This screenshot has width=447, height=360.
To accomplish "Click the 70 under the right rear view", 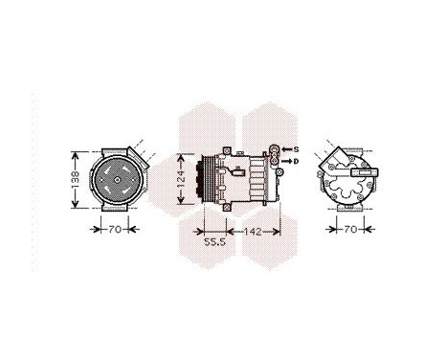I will point(351,230).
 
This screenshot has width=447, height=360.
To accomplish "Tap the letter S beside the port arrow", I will point(296,149).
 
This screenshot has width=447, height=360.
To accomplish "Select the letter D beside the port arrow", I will point(296,163).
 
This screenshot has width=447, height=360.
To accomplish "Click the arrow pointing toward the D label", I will point(285,163).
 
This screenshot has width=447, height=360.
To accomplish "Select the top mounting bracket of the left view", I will point(115,147).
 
